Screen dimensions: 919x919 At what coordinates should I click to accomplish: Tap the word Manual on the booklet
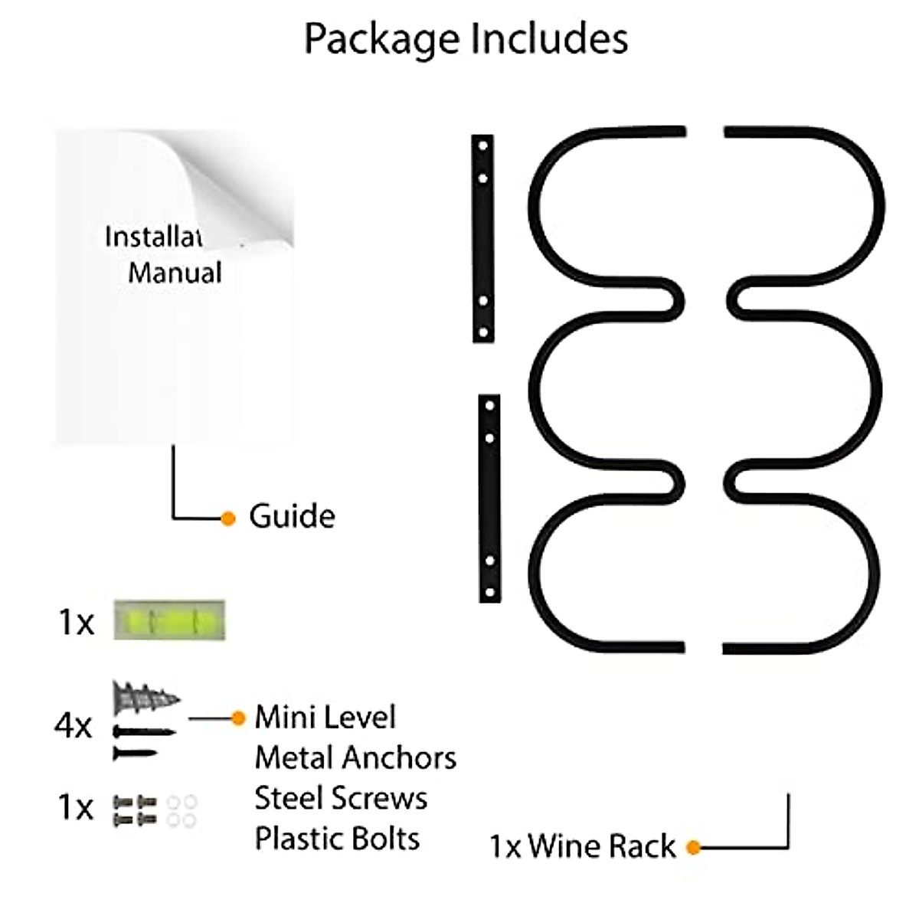point(175,273)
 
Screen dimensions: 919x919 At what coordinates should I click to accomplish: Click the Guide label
point(292,517)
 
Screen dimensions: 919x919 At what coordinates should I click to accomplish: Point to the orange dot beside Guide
point(228,518)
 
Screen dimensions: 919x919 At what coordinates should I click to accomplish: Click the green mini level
point(169,620)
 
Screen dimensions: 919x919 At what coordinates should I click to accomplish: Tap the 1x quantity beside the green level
point(76,622)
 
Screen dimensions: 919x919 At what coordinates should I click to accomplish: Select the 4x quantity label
point(74,725)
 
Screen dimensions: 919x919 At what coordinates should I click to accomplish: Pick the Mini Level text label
point(325,718)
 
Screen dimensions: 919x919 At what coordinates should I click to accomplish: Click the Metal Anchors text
point(355,758)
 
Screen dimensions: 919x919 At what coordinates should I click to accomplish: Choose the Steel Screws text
point(341,799)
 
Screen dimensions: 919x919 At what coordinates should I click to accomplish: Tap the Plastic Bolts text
point(337,839)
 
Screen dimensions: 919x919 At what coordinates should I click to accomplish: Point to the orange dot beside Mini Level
point(238,718)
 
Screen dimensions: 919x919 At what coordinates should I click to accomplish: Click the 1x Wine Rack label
point(582,847)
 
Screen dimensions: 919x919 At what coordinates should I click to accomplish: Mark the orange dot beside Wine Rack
point(694,848)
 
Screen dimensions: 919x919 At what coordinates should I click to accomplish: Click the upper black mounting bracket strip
point(482,238)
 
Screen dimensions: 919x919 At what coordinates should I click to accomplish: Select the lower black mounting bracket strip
point(489,498)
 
